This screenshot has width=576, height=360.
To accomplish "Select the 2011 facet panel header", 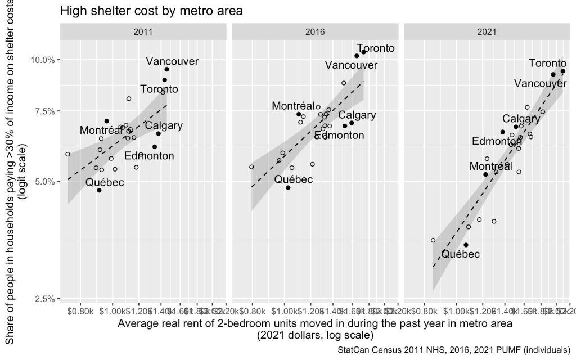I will tap(143, 32).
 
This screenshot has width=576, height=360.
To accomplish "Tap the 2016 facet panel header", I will tap(314, 32).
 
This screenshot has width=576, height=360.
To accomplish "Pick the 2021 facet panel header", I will tap(487, 32).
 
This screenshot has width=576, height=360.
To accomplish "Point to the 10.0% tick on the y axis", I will tap(41, 60).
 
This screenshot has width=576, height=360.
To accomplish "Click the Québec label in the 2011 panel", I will tap(105, 182).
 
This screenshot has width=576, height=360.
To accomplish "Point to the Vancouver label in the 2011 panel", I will tap(169, 61).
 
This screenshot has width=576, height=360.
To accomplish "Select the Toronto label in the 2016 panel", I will tap(376, 48).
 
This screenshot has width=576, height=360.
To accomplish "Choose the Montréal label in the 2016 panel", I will tap(293, 106).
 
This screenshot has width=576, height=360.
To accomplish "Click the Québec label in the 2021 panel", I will tap(461, 254).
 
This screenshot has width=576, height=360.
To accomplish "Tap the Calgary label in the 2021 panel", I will tap(521, 119).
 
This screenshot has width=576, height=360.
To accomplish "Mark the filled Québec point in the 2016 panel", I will tap(288, 187).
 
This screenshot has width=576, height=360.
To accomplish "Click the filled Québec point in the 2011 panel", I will tap(99, 190).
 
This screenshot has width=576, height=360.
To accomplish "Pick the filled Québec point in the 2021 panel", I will tap(466, 245).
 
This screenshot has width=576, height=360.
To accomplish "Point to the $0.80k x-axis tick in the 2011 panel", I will tap(81, 310).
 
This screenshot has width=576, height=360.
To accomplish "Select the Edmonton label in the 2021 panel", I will tap(497, 141).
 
